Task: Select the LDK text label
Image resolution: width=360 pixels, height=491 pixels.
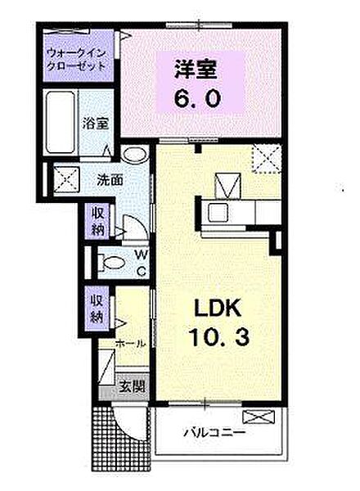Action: (x=218, y=309)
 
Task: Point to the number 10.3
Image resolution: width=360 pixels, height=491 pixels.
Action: (x=218, y=336)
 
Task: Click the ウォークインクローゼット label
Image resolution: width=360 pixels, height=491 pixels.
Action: (x=76, y=60)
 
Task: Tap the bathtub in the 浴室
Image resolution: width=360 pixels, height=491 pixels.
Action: (x=61, y=122)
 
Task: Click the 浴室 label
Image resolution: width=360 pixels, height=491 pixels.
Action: (x=96, y=124)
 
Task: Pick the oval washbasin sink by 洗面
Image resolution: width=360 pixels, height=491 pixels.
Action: (x=135, y=155)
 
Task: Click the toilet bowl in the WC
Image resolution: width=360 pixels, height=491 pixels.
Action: (x=112, y=263)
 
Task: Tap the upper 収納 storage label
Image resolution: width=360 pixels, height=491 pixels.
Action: (x=97, y=223)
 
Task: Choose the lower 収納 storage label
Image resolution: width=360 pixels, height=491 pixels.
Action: (x=97, y=309)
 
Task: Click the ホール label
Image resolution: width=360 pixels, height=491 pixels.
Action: (x=131, y=344)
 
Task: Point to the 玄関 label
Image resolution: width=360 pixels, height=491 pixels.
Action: (x=132, y=387)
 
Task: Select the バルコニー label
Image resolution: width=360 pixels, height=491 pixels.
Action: (x=214, y=434)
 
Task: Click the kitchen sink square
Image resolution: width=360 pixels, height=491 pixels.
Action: (x=218, y=213)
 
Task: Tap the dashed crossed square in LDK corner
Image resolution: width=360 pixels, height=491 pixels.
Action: (x=267, y=159)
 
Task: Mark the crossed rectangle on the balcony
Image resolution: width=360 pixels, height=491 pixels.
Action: (x=259, y=417)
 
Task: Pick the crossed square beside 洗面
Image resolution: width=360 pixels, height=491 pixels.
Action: (x=66, y=180)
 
